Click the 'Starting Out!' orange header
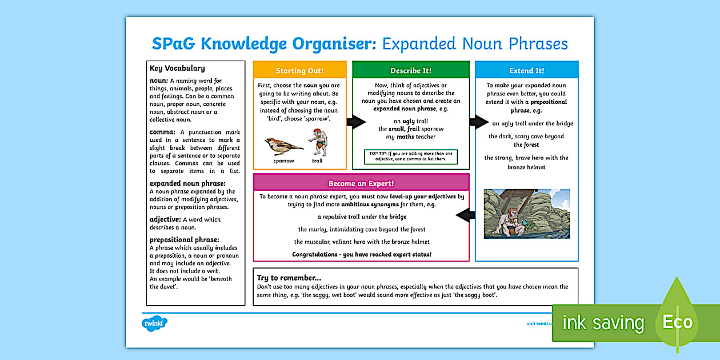point(299,70)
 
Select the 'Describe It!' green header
point(410,70)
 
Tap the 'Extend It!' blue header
point(526,70)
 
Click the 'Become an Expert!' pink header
point(361,183)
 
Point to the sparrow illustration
point(284,147)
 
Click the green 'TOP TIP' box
point(410,157)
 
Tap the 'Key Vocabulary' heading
point(177,68)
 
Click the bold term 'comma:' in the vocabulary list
point(162,132)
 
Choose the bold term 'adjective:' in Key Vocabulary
point(165,219)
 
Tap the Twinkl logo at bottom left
point(154,323)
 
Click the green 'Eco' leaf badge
point(678,321)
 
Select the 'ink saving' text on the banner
point(602,323)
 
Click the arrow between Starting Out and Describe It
point(356,121)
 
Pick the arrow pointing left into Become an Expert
point(466,215)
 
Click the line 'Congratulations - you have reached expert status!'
point(362,254)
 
